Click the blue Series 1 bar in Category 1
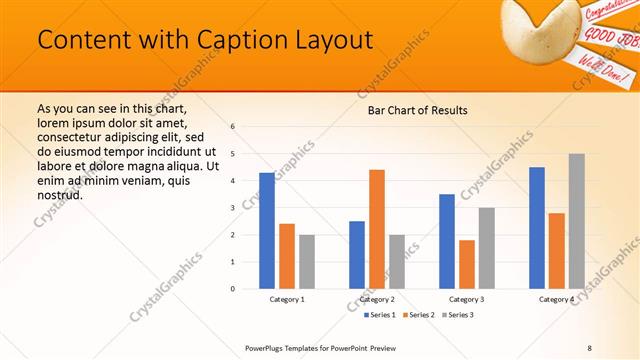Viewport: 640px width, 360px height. pyautogui.click(x=267, y=231)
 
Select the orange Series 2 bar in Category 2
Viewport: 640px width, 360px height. pyautogui.click(x=376, y=229)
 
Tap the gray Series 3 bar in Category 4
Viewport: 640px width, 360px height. pyautogui.click(x=576, y=221)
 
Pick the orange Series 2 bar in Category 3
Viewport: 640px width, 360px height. pyautogui.click(x=466, y=264)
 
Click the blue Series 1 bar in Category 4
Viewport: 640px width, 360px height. pyautogui.click(x=537, y=228)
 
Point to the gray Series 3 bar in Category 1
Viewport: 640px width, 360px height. pyautogui.click(x=306, y=262)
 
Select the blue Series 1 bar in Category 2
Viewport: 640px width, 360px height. pyautogui.click(x=357, y=255)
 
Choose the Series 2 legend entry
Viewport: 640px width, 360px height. pyautogui.click(x=418, y=315)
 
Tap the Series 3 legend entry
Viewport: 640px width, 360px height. pyautogui.click(x=459, y=315)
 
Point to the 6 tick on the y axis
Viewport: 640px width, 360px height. pyautogui.click(x=232, y=127)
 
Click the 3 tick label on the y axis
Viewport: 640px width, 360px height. pyautogui.click(x=232, y=208)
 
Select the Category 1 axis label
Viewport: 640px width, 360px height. pyautogui.click(x=287, y=299)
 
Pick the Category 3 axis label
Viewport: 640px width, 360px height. pyautogui.click(x=466, y=299)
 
